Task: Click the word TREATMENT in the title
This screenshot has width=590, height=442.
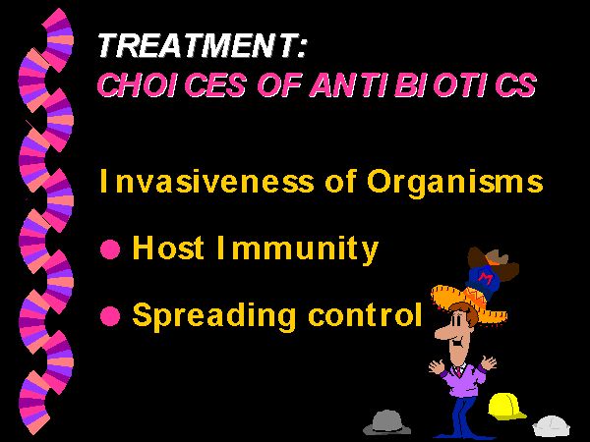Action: click(198, 46)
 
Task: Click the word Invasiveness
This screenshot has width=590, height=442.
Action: click(206, 182)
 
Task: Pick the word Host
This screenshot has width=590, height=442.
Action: click(168, 248)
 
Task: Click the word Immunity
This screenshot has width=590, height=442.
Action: click(298, 249)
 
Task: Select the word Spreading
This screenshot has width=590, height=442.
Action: click(213, 316)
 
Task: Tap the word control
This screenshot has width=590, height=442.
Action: click(365, 314)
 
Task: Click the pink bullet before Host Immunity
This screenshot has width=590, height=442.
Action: click(110, 249)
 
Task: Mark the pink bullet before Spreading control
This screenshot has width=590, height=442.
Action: click(110, 315)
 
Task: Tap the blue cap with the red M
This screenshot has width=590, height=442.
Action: click(482, 280)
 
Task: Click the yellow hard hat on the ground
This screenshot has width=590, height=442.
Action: click(506, 406)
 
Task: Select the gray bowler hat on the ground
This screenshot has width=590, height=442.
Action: click(386, 422)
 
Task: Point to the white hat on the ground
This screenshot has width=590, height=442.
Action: click(552, 426)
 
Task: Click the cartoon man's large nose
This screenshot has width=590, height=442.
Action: click(442, 332)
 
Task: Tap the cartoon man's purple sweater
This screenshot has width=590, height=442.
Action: click(463, 379)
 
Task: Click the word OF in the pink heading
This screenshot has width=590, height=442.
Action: click(279, 84)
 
